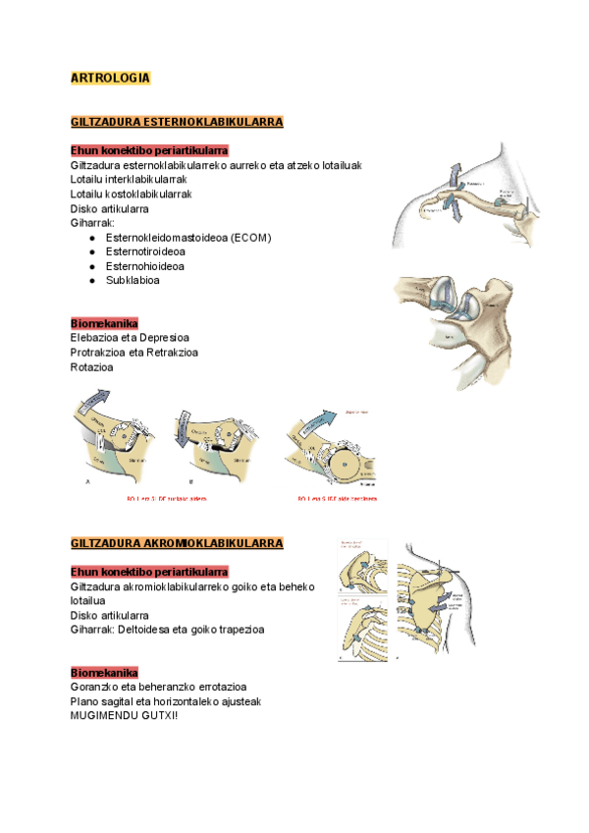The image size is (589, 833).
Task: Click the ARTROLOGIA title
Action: click(110, 77)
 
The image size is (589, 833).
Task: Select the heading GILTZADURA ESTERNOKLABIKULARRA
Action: click(177, 122)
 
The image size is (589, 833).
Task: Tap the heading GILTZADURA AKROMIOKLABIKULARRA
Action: click(177, 543)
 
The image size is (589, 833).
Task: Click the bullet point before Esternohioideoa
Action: click(91, 266)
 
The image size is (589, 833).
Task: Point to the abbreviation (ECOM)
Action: click(246, 238)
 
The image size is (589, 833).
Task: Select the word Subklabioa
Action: click(133, 280)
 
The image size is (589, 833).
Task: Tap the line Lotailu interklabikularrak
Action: click(129, 180)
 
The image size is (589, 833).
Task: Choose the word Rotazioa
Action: click(91, 367)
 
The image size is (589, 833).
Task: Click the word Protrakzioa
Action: click(99, 353)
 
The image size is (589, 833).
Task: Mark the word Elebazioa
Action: click(96, 339)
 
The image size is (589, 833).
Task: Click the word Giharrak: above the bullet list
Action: click(92, 223)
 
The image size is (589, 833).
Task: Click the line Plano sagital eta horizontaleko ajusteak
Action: click(166, 701)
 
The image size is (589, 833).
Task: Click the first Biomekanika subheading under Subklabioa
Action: click(104, 324)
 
